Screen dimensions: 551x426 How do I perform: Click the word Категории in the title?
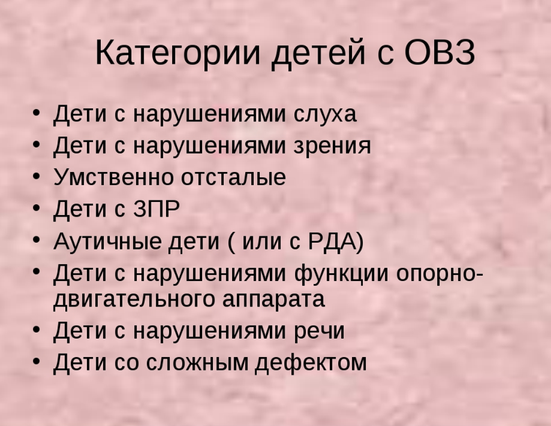tap(178, 53)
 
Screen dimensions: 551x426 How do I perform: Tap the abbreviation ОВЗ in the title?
tap(439, 52)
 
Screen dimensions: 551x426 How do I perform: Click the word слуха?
tap(325, 114)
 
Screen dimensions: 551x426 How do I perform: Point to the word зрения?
tap(332, 146)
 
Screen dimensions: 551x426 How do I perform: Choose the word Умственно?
tap(113, 176)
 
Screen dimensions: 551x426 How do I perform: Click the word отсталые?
tap(233, 177)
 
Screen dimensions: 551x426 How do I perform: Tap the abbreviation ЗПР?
tap(156, 209)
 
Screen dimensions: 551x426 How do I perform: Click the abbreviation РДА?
tap(332, 241)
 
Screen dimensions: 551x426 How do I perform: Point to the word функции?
tap(341, 274)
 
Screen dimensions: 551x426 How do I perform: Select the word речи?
tap(319, 331)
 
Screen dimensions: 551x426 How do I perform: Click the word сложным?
tap(197, 362)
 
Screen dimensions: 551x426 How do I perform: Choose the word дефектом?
tap(311, 362)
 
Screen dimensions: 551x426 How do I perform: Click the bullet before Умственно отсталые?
tap(37, 176)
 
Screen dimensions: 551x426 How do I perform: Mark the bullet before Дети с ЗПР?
tap(37, 207)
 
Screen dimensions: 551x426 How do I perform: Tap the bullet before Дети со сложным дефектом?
tap(37, 361)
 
